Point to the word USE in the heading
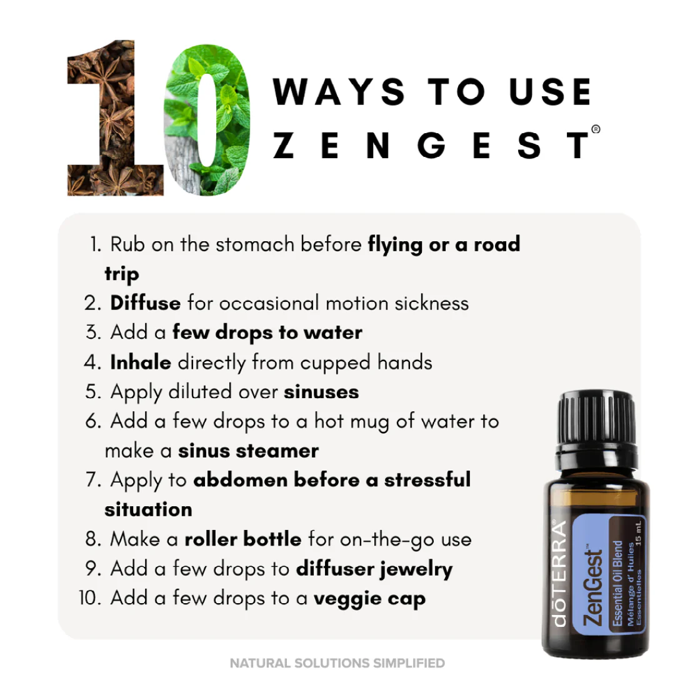pos(550,92)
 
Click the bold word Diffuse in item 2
pos(145,303)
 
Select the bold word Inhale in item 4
pos(141,362)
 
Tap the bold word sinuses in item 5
pos(321,392)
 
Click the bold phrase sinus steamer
pos(248,451)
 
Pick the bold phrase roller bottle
pos(243,539)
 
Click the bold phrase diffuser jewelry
pos(374,569)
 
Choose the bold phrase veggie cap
pos(369,598)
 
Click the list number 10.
pos(90,598)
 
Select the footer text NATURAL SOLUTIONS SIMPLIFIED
pos(337,662)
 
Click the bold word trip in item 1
pos(122,274)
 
